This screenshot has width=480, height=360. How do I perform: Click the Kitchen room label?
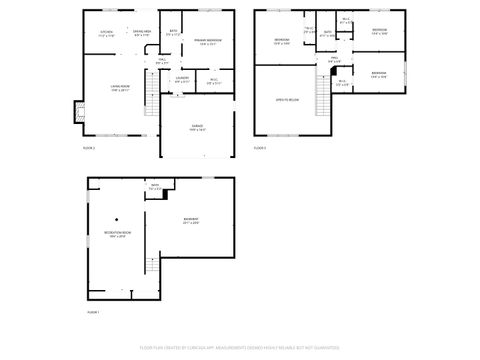tap(107, 33)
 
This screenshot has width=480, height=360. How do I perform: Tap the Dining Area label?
tap(142, 33)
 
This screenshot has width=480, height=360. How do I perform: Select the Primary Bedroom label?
tap(208, 41)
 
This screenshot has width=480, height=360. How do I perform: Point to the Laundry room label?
tap(182, 79)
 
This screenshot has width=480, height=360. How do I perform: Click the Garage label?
tap(198, 127)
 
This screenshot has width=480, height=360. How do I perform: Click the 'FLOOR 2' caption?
tap(88, 147)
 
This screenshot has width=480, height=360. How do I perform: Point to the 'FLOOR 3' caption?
tap(259, 147)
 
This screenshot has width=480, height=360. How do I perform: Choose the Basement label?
tap(191, 221)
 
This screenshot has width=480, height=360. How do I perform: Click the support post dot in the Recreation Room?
tap(116, 219)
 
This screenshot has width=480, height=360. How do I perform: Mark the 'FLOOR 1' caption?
tap(93, 312)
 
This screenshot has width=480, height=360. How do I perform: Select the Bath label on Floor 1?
tap(155, 188)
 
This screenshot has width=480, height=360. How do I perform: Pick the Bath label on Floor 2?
tap(173, 34)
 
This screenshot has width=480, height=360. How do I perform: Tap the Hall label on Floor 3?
tap(334, 60)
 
